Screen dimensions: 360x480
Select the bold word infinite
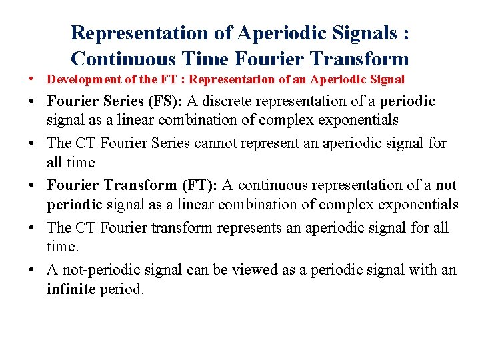click(71, 290)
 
